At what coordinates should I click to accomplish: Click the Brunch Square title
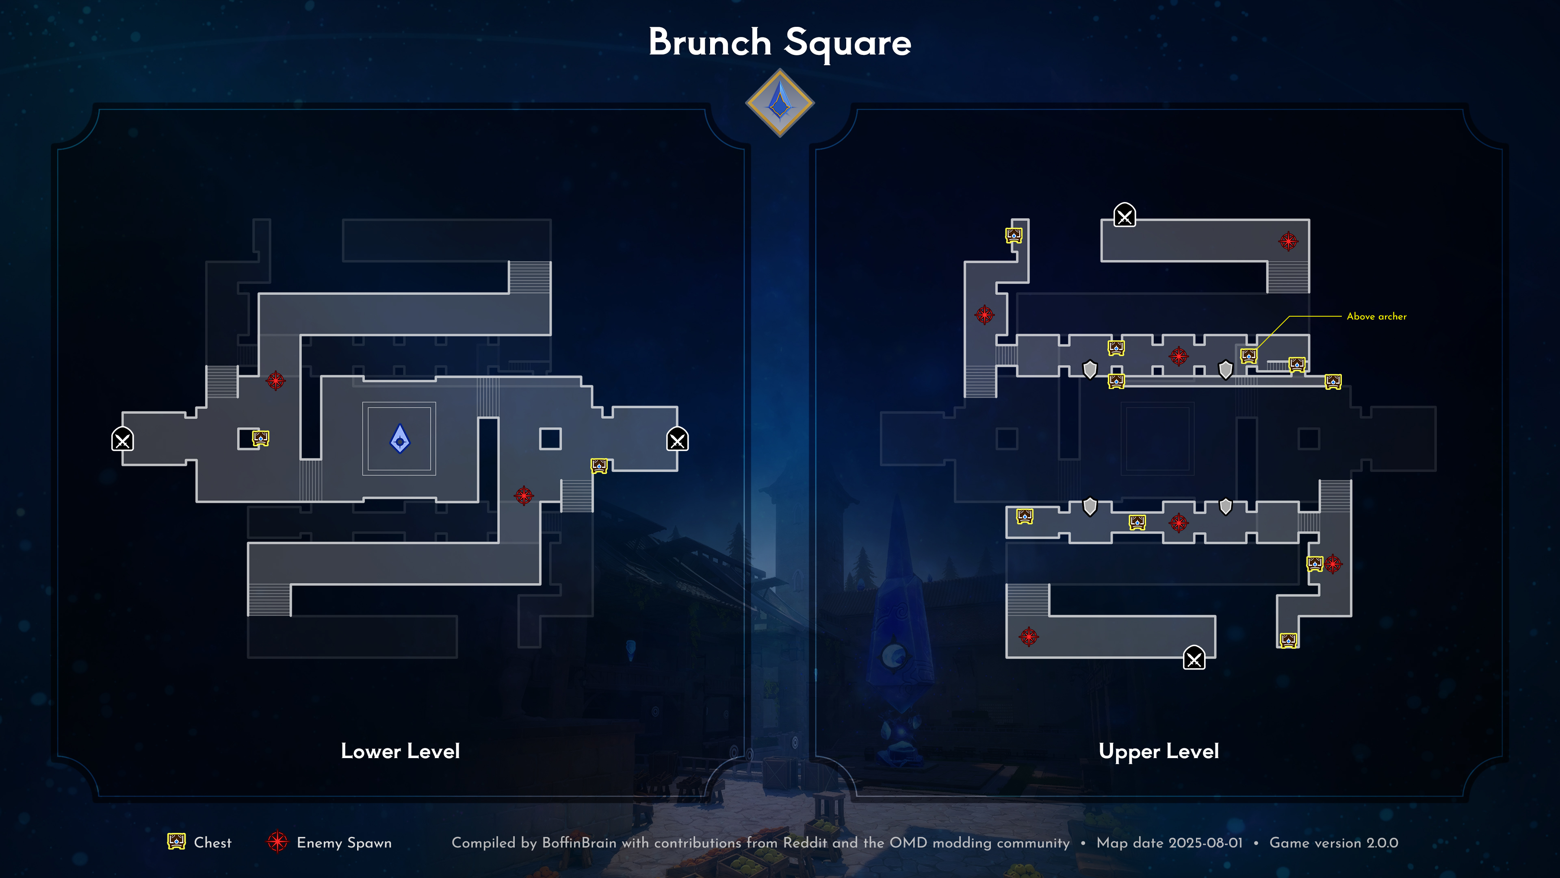pyautogui.click(x=780, y=42)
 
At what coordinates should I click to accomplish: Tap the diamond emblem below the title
pyautogui.click(x=780, y=103)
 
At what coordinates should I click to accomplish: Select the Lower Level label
pyautogui.click(x=400, y=751)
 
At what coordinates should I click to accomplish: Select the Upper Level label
pyautogui.click(x=1159, y=751)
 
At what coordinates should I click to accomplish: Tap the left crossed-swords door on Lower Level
pyautogui.click(x=122, y=439)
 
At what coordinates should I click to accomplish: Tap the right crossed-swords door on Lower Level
pyautogui.click(x=677, y=439)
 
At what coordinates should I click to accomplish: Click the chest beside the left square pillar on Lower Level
pyautogui.click(x=260, y=437)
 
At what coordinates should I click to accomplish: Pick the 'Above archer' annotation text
pyautogui.click(x=1376, y=316)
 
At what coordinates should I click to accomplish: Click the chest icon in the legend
pyautogui.click(x=176, y=842)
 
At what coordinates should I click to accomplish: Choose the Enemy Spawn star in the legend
pyautogui.click(x=277, y=842)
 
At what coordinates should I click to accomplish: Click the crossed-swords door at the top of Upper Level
pyautogui.click(x=1124, y=215)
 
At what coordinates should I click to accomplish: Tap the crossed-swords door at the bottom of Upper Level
pyautogui.click(x=1194, y=658)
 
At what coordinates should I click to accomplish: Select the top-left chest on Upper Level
pyautogui.click(x=1014, y=235)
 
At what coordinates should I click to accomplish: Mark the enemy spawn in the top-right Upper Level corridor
pyautogui.click(x=1288, y=241)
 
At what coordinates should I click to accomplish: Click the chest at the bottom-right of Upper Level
pyautogui.click(x=1288, y=640)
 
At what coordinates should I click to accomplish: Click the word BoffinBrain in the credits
pyautogui.click(x=578, y=843)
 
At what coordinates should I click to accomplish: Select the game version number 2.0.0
pyautogui.click(x=1382, y=843)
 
